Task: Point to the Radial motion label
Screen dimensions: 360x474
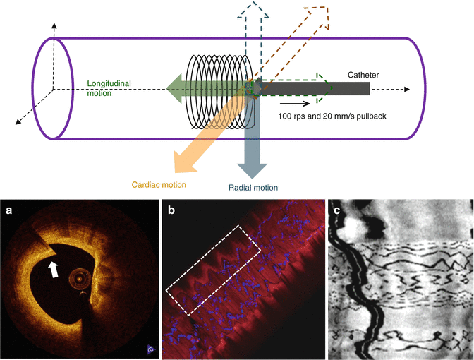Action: tap(253, 188)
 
